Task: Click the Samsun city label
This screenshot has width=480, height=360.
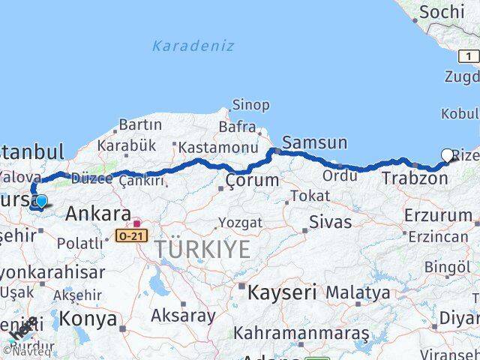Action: (x=314, y=142)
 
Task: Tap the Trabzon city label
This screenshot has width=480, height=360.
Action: (x=415, y=178)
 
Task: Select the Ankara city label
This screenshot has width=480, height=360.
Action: (x=98, y=214)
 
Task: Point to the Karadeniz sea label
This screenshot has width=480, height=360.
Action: (x=193, y=46)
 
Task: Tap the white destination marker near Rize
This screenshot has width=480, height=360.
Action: (x=448, y=155)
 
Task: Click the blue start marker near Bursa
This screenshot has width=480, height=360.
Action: (x=41, y=201)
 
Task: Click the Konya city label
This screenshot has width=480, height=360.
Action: (x=88, y=319)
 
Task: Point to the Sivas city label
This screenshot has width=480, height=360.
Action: (x=330, y=222)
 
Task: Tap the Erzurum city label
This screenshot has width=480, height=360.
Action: (x=437, y=216)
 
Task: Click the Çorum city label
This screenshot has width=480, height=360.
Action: (x=252, y=181)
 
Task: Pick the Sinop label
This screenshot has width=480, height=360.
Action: (x=250, y=105)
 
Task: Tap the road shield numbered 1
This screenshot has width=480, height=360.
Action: (x=469, y=56)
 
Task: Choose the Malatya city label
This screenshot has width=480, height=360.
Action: (x=358, y=292)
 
